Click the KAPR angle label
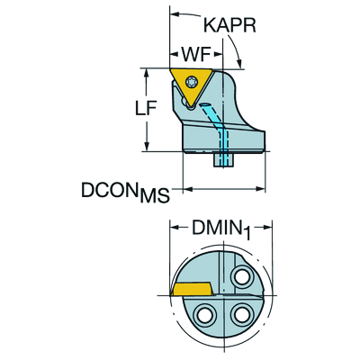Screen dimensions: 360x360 (230, 25)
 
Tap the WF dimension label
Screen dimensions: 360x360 (195, 55)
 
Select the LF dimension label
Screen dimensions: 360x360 (146, 108)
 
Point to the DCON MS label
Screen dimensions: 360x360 (125, 193)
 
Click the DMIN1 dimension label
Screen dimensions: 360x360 (221, 229)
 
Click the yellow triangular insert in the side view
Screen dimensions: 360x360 (192, 86)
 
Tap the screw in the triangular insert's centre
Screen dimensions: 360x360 (191, 81)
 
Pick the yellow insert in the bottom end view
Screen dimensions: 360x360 (192, 288)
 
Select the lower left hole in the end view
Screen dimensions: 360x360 (206, 315)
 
